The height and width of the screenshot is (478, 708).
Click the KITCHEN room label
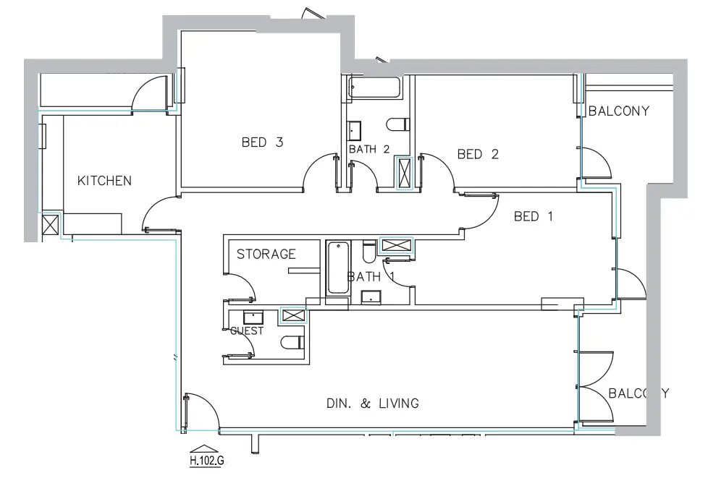point(105,181)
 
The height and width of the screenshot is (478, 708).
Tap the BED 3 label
point(262,142)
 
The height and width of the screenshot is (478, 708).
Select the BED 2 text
point(479,154)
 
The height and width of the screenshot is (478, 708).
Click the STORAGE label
point(266,255)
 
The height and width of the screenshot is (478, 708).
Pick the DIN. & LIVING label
point(373,404)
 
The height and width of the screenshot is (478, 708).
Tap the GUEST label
point(246,331)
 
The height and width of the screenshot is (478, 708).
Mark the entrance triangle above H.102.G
point(206,448)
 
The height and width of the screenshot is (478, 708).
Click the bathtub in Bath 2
point(374,89)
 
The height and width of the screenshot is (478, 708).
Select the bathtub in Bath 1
point(338,268)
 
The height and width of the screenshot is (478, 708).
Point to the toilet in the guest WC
point(292,343)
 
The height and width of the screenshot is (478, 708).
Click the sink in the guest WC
point(253,318)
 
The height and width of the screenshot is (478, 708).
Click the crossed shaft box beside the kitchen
point(51,224)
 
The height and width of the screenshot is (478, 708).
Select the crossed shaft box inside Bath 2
point(402,174)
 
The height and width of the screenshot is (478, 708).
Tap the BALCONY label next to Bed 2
point(619,111)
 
